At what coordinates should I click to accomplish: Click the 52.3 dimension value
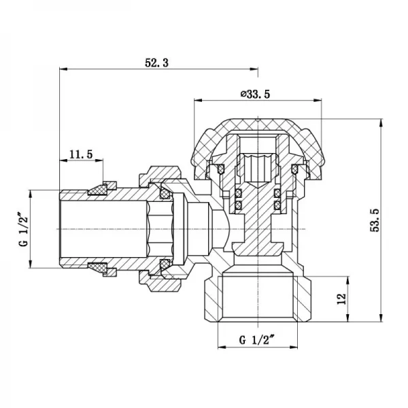point(156,62)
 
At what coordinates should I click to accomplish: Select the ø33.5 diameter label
point(255,94)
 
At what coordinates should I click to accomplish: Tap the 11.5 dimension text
point(81,154)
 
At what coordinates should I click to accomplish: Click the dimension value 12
point(341,297)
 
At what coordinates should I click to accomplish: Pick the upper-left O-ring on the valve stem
point(239,194)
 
